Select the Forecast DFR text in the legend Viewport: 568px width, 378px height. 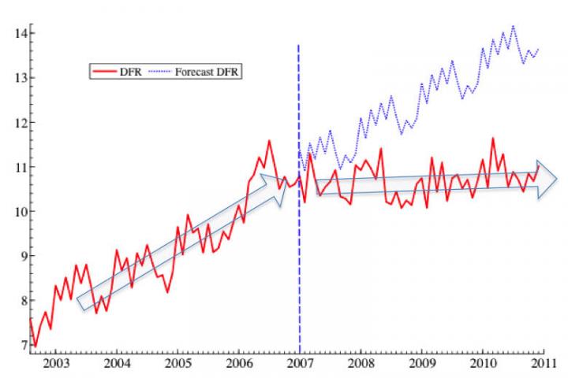[x=208, y=72]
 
